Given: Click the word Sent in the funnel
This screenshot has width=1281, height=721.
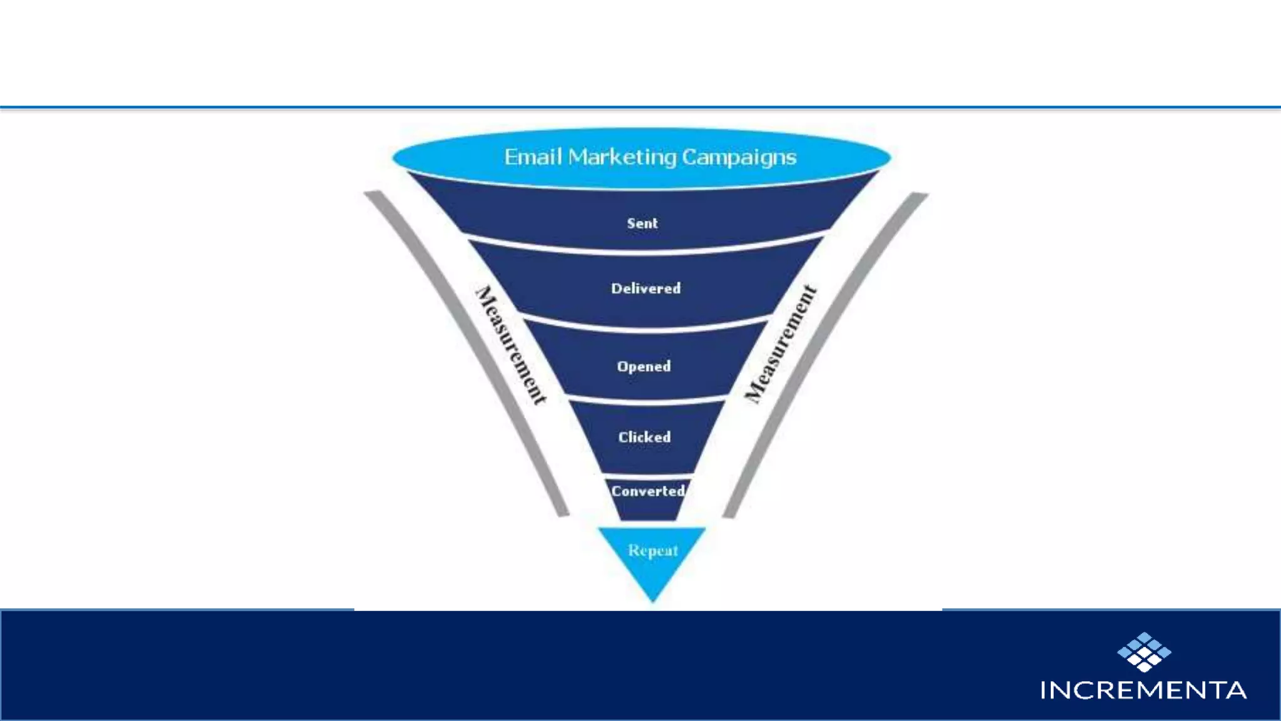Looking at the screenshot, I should pyautogui.click(x=642, y=223).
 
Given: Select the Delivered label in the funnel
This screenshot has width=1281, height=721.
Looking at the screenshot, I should pyautogui.click(x=646, y=289).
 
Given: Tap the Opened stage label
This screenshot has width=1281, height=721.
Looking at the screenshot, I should pyautogui.click(x=644, y=367).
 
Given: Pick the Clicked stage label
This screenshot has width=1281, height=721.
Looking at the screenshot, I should pyautogui.click(x=644, y=437).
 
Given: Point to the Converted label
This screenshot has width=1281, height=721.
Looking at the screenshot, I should pyautogui.click(x=648, y=491).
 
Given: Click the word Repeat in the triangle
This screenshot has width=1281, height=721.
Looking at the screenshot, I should pyautogui.click(x=653, y=551).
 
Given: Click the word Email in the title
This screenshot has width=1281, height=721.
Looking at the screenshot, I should pyautogui.click(x=533, y=157).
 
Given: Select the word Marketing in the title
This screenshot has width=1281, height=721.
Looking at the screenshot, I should pyautogui.click(x=622, y=157).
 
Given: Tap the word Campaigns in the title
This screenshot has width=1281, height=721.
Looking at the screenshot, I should pyautogui.click(x=739, y=157).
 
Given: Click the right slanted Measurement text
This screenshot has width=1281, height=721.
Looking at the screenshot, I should pyautogui.click(x=781, y=344).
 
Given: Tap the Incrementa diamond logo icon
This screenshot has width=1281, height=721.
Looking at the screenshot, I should pyautogui.click(x=1144, y=652).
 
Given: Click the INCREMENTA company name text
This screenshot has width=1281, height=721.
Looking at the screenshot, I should pyautogui.click(x=1143, y=690).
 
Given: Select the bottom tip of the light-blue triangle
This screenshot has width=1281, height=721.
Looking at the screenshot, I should pyautogui.click(x=653, y=600).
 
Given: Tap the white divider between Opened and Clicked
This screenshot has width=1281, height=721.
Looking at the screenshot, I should pyautogui.click(x=646, y=400).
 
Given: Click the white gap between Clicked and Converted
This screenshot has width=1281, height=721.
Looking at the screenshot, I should pyautogui.click(x=647, y=476).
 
